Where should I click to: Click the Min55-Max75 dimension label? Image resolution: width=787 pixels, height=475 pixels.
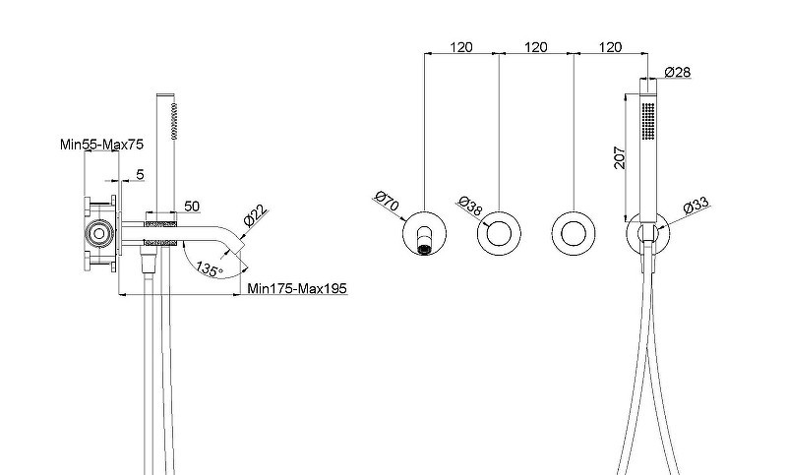(x=101, y=145)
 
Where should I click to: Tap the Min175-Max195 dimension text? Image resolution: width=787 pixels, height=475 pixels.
(x=297, y=288)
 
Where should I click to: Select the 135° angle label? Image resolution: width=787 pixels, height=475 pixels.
(x=210, y=269)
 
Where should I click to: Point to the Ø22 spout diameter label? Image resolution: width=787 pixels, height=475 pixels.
(x=256, y=216)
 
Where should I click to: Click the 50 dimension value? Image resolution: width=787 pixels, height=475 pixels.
(x=192, y=207)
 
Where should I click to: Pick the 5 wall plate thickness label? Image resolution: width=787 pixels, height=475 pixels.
(x=140, y=174)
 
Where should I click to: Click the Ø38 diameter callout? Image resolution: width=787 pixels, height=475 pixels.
(x=470, y=206)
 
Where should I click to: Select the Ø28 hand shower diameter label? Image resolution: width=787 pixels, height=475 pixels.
(x=678, y=72)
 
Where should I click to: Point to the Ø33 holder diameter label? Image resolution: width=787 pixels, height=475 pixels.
(x=696, y=206)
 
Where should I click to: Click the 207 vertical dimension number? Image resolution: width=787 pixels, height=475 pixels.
(x=621, y=157)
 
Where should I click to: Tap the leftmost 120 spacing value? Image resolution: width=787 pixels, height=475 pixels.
(x=461, y=47)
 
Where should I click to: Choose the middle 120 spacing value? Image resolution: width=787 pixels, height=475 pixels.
(x=536, y=47)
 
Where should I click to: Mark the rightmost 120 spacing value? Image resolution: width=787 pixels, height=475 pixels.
(x=610, y=47)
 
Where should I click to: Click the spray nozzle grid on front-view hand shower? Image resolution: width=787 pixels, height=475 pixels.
(x=648, y=121)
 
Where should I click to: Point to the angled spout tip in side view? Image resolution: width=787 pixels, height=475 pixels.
(x=239, y=247)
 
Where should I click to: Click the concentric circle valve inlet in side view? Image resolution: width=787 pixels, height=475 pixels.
(x=99, y=234)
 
